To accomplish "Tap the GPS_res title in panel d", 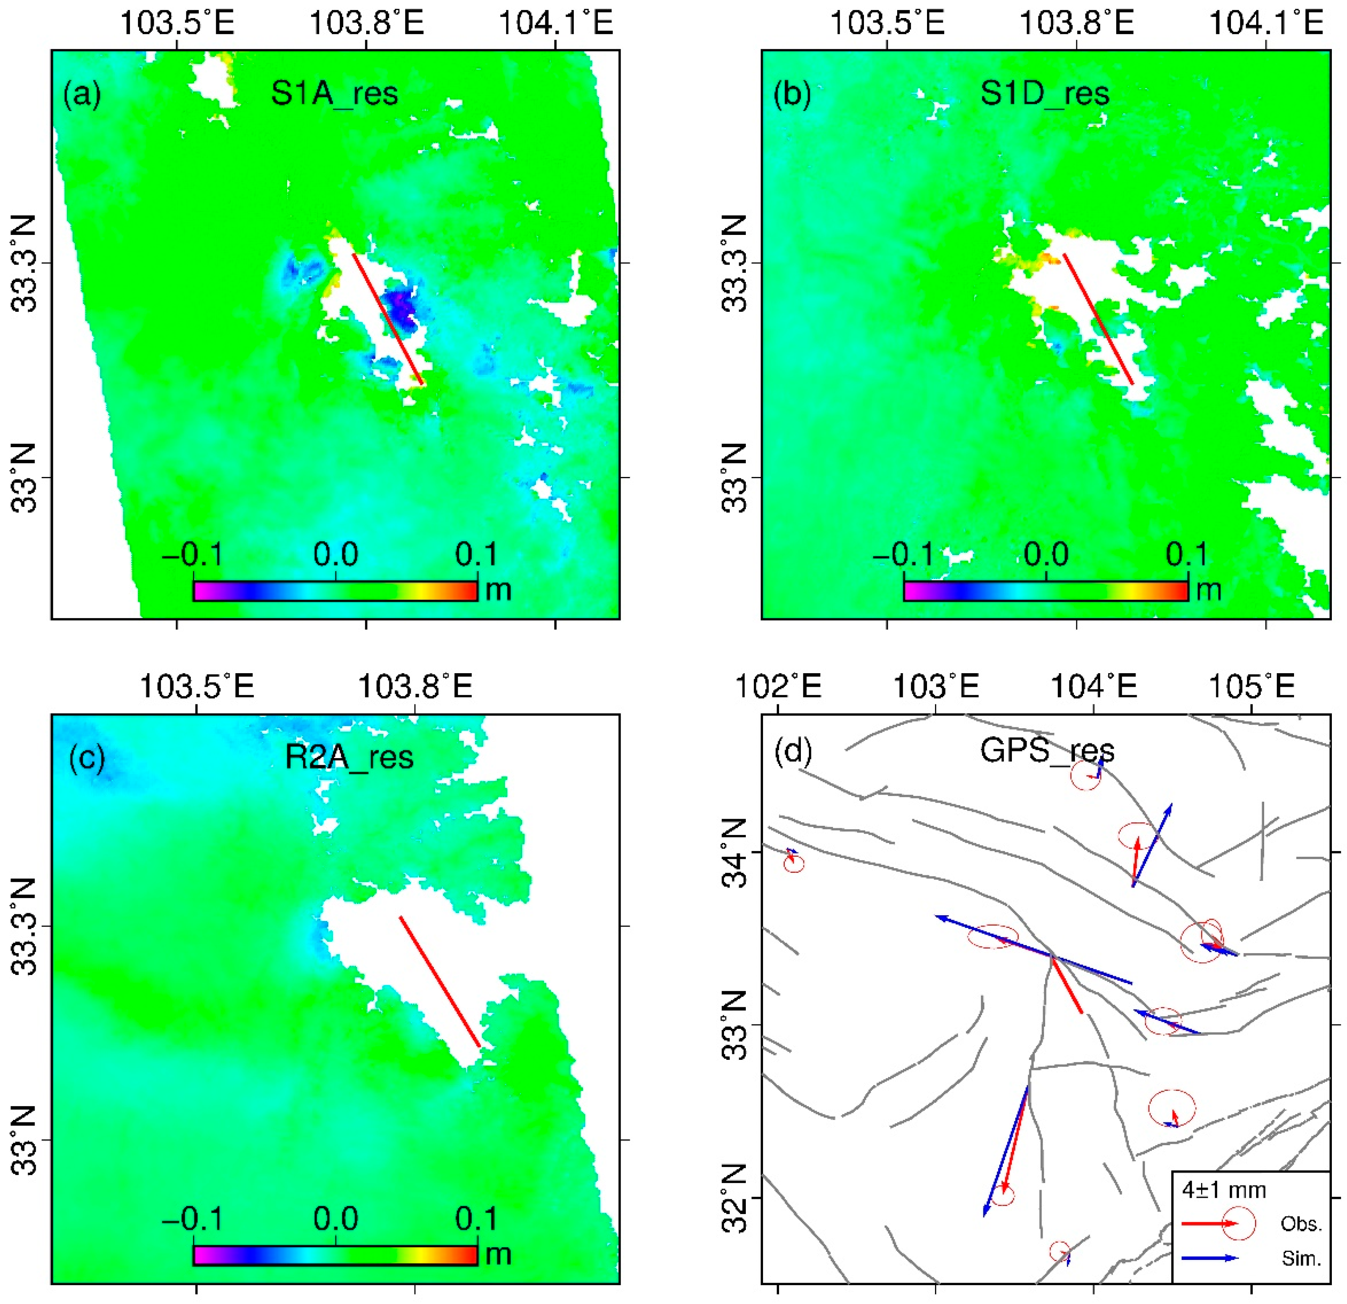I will tap(1047, 750).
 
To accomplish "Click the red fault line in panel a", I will tap(387, 319).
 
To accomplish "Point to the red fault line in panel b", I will tap(1098, 319).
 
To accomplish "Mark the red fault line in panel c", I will tap(440, 981).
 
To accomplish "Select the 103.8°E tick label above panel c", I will tap(415, 686).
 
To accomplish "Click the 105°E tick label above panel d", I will tap(1251, 686).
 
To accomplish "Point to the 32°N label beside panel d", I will tap(734, 1198).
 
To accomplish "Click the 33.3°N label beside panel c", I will tap(25, 926).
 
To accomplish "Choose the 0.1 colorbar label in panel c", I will tap(476, 1219).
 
